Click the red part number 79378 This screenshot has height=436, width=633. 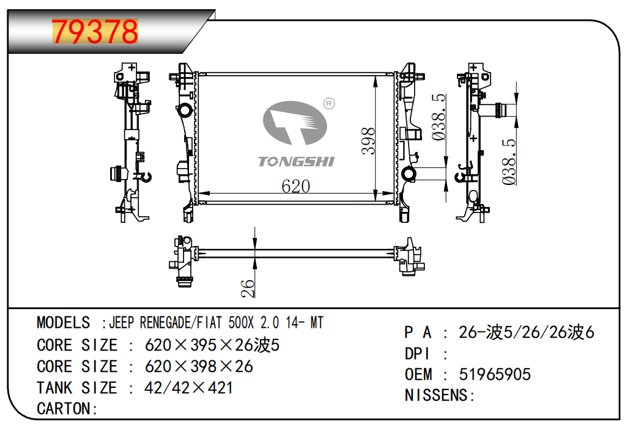tap(95, 31)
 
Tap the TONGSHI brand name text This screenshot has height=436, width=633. tap(296, 161)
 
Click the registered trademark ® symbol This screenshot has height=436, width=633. tap(328, 104)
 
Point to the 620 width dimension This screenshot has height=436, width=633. tap(295, 186)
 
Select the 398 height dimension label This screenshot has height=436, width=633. tap(368, 140)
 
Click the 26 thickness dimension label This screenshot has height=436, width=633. tap(247, 288)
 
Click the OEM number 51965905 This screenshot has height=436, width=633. tap(494, 374)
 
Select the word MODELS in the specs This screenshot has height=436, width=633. tap(63, 322)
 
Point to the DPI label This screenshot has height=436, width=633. tap(418, 354)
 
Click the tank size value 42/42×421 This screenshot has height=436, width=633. tap(188, 387)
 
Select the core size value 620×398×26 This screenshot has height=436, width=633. tap(198, 366)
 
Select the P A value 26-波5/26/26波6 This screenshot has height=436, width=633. tap(526, 332)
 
